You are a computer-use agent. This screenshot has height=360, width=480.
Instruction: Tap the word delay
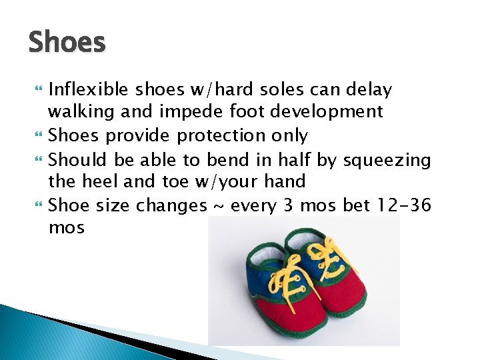click(369, 89)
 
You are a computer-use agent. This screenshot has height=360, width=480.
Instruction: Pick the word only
click(289, 135)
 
